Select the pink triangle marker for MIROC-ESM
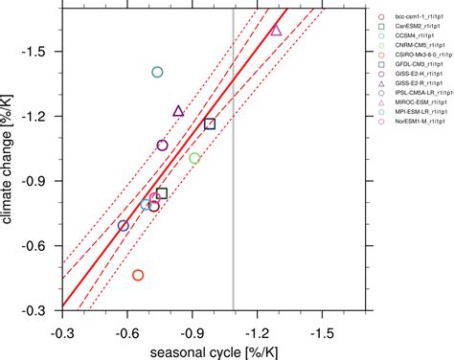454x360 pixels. tap(276, 31)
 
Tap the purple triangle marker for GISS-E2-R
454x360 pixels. tap(178, 111)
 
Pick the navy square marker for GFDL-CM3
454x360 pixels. tap(210, 124)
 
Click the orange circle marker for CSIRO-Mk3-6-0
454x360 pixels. tap(138, 275)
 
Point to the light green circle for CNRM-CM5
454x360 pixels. tap(194, 158)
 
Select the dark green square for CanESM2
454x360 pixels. tap(162, 193)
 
